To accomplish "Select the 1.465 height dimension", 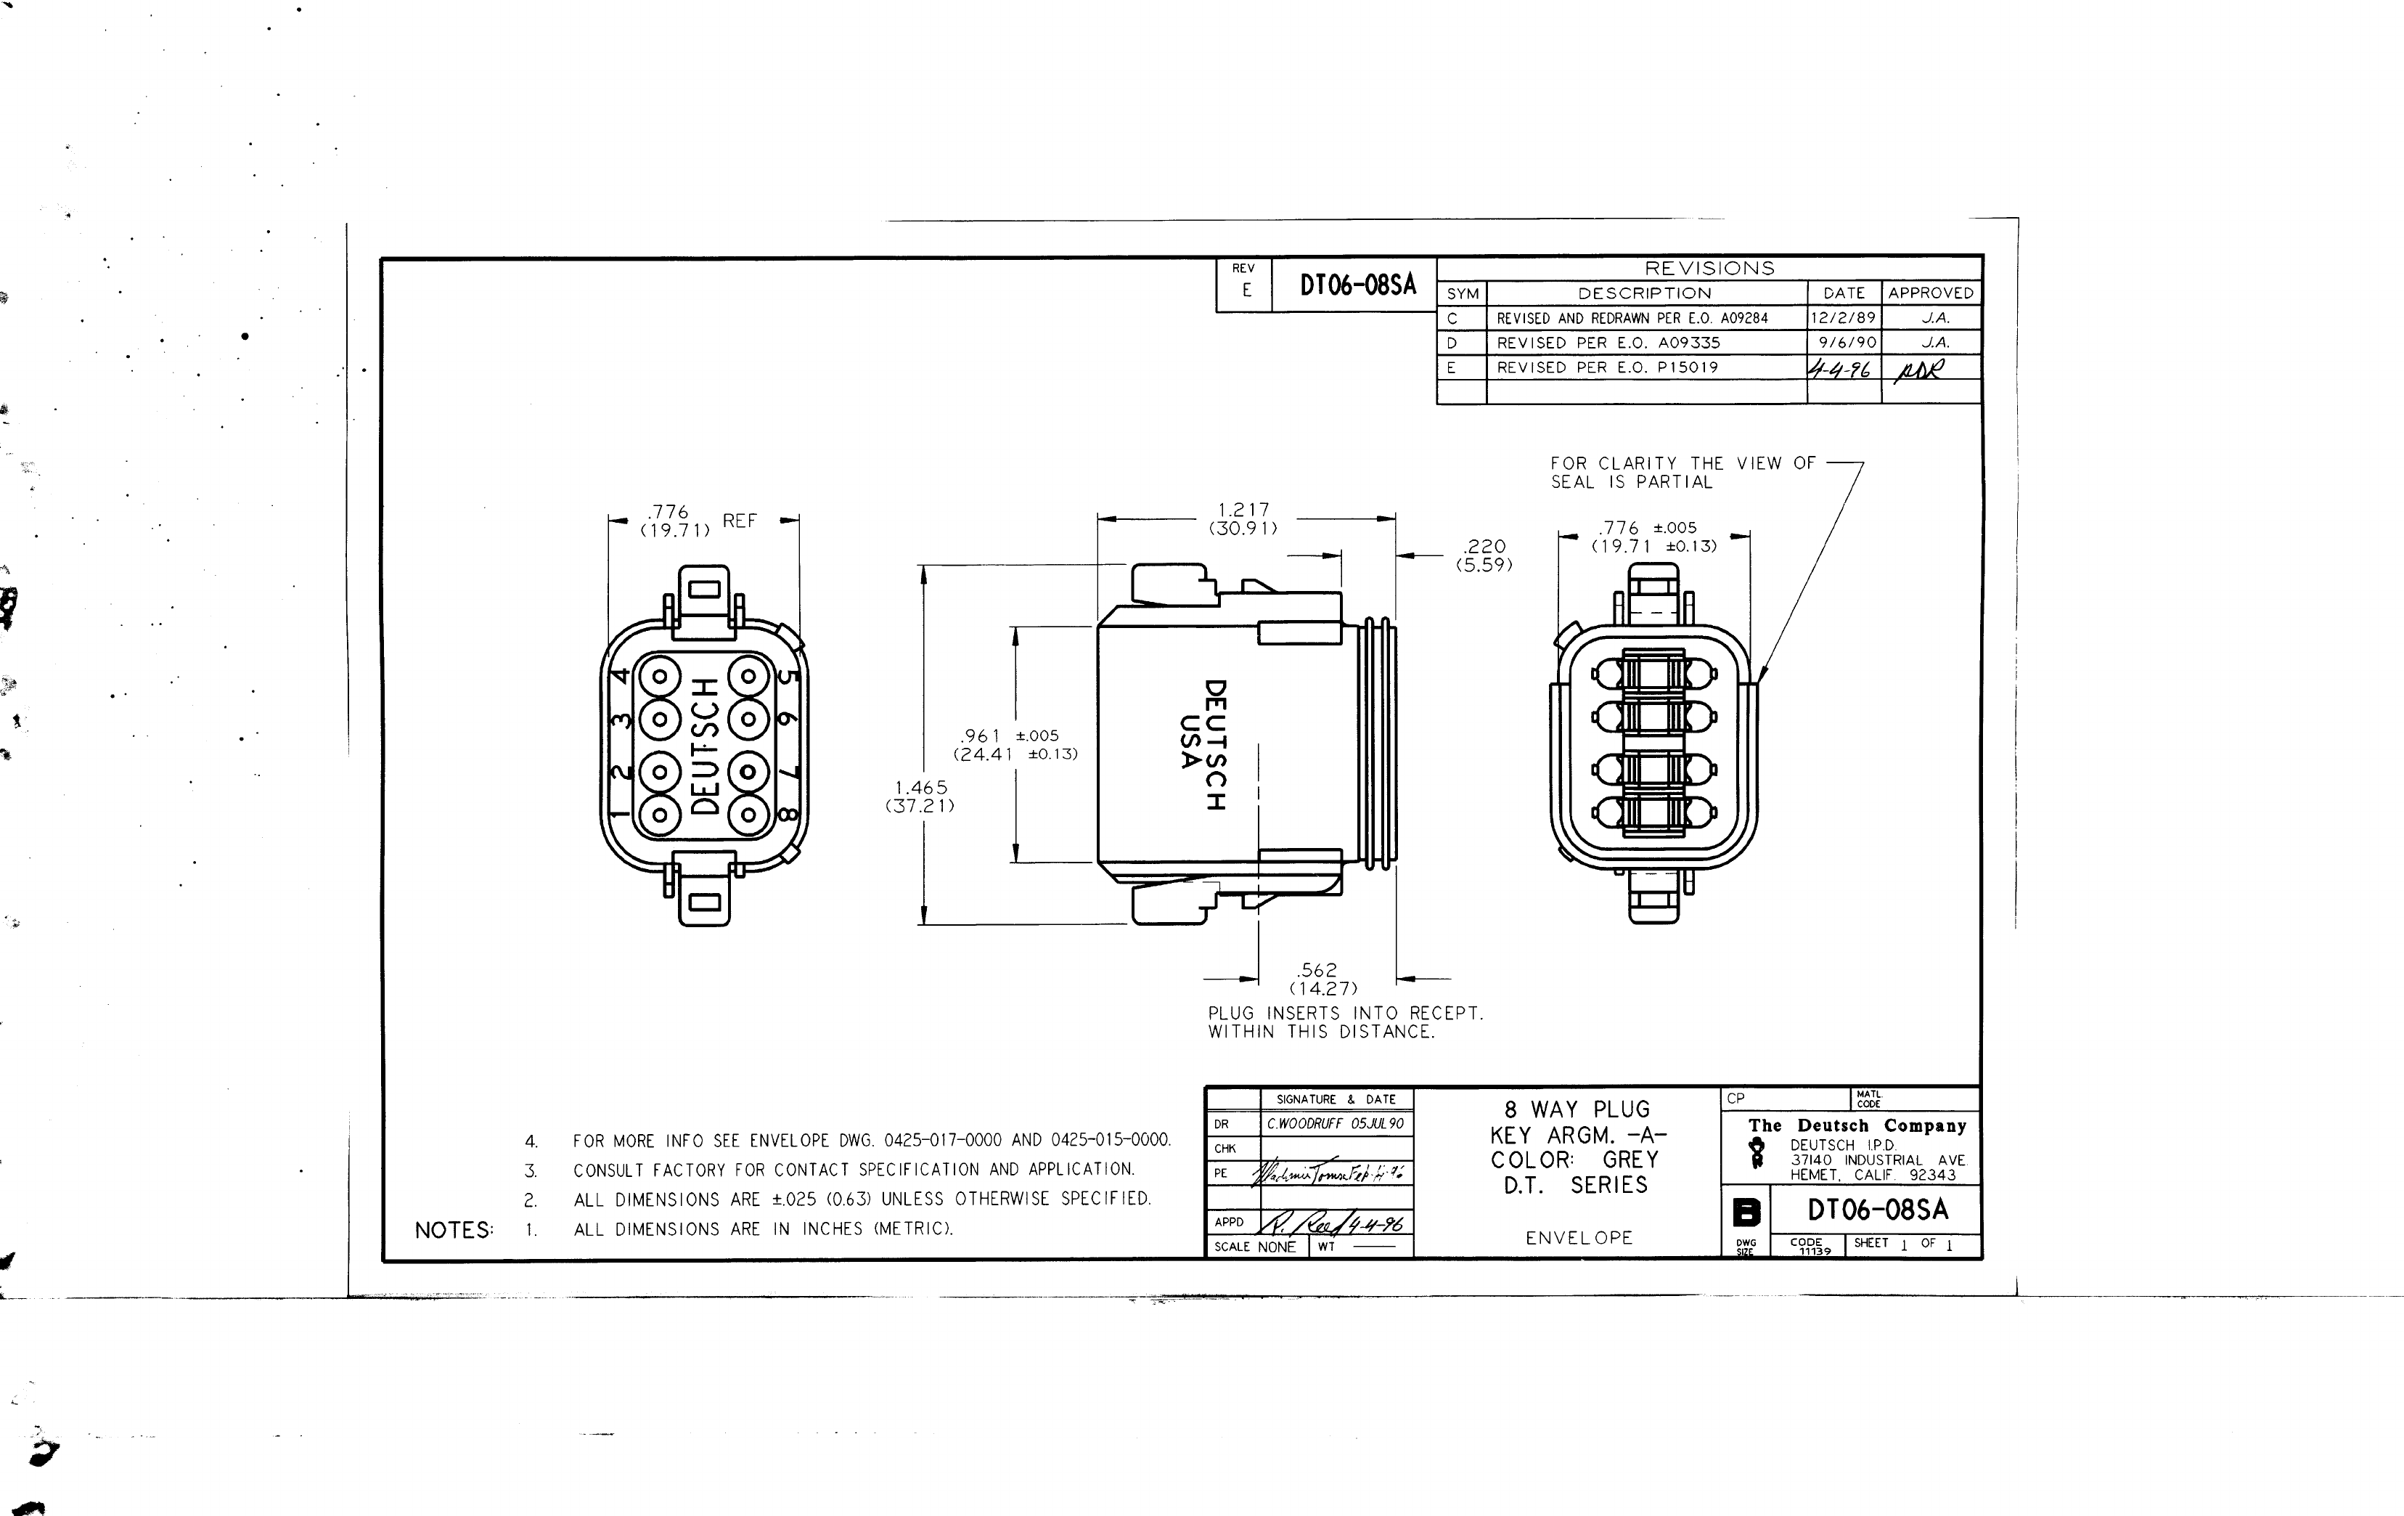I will click(x=920, y=788).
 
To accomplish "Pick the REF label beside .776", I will click(x=739, y=521).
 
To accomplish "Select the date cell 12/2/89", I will click(x=1843, y=317).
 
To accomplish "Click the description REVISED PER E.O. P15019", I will click(x=1606, y=367).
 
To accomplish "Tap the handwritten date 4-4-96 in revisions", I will click(x=1839, y=370).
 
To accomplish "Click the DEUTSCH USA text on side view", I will click(x=1201, y=744).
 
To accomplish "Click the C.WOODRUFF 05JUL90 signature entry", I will click(x=1335, y=1123).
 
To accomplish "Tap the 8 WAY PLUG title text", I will click(x=1577, y=1109).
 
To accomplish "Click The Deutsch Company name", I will click(x=1856, y=1125).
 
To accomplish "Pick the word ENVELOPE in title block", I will click(x=1579, y=1237).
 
